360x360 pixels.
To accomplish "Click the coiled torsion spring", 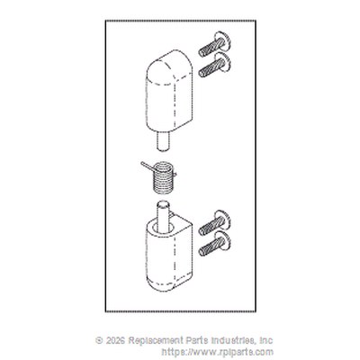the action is pos(163,178).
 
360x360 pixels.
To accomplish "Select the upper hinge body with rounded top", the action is pos(169,89).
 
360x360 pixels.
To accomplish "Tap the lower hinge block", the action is pos(169,255).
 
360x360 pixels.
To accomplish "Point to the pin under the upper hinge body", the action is pos(163,140).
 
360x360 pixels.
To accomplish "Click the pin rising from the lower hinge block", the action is pos(163,217).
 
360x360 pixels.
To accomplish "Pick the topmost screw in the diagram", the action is pos(214,44).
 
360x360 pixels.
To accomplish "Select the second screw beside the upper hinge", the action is pos(214,65).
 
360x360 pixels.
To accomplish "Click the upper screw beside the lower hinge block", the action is pos(214,223).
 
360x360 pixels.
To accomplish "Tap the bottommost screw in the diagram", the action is pos(214,244).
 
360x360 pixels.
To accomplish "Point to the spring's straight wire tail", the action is pos(147,166).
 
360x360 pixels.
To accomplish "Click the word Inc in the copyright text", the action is pos(265,341).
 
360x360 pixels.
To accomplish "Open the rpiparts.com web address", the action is pos(218,352).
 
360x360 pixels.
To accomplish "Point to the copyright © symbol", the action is pos(99,341).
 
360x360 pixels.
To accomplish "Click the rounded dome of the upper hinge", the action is pos(169,65).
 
